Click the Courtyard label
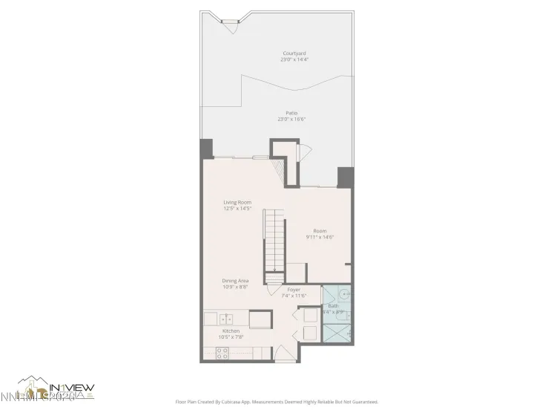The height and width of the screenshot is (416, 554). (294, 53)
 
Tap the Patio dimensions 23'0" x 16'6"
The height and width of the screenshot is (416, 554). (291, 119)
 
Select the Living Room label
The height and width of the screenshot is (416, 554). (237, 202)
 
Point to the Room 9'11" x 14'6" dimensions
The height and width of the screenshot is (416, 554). (320, 237)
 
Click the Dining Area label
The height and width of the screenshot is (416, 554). (235, 281)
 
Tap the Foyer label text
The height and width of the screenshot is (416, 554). (294, 289)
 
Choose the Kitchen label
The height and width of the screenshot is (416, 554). (231, 331)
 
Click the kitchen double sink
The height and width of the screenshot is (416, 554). (226, 319)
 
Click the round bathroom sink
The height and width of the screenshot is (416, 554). (345, 295)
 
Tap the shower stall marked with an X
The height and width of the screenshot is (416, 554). (337, 334)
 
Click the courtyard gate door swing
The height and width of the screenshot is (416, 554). (229, 27)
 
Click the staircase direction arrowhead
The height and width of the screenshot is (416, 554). (275, 270)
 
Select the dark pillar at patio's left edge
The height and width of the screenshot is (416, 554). (206, 149)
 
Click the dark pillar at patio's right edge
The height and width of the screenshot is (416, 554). (345, 177)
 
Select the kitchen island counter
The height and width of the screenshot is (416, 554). (260, 319)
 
